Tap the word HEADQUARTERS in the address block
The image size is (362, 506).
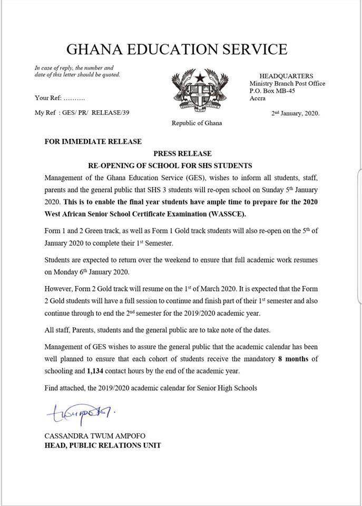(x=286, y=76)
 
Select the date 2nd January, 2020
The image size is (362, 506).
(x=295, y=113)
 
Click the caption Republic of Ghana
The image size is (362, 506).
(x=197, y=123)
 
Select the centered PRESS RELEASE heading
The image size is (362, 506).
(x=183, y=153)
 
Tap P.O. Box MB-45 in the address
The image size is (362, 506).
(x=272, y=91)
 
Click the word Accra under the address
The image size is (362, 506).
(x=258, y=98)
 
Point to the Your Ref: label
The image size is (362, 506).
(x=49, y=98)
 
